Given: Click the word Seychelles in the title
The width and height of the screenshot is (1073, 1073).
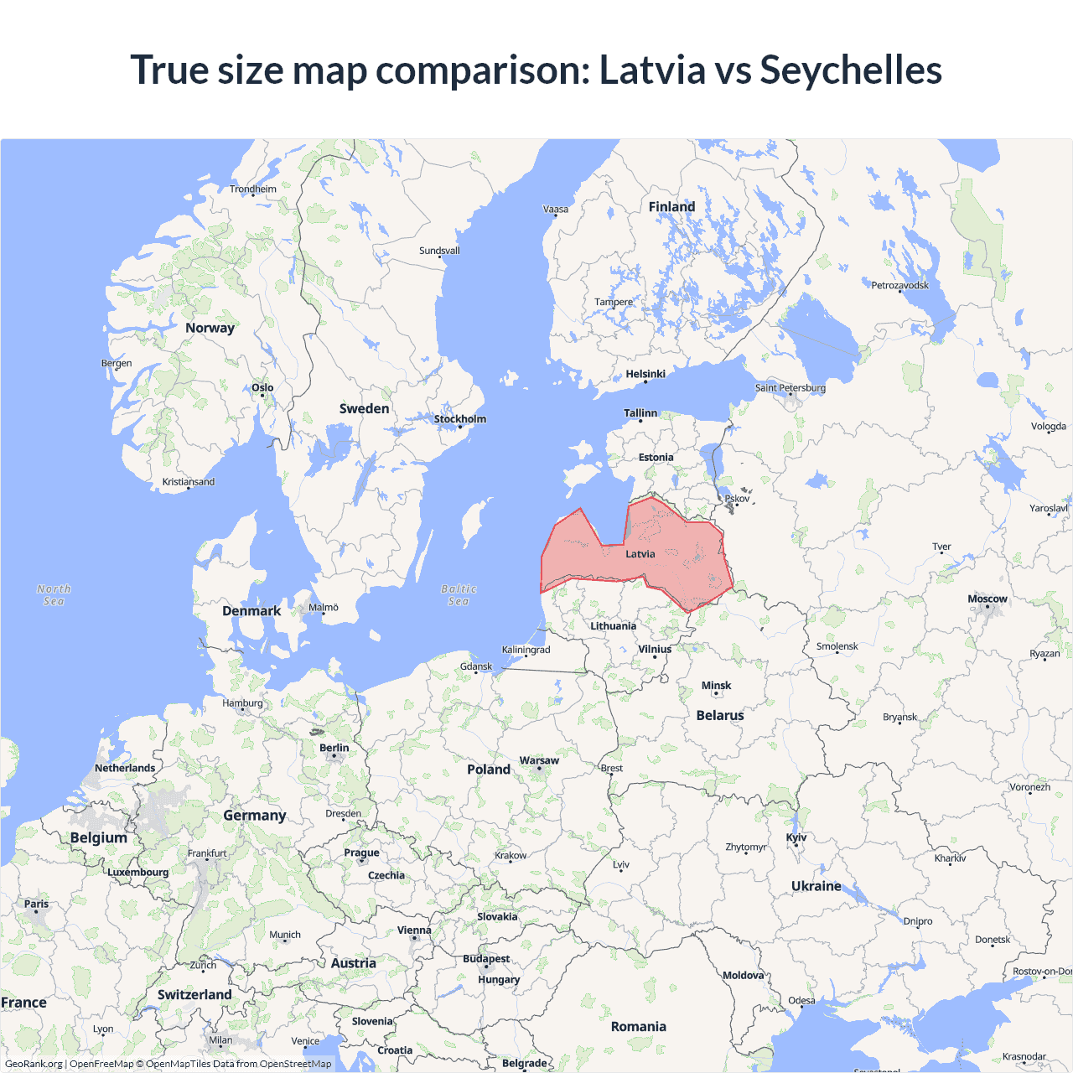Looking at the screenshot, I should point(850,70).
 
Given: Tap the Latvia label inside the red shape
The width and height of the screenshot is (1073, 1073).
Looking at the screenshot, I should point(640,554).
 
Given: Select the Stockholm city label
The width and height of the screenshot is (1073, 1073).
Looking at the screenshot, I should point(460,419).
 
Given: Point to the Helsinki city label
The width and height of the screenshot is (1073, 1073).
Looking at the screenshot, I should point(645,374).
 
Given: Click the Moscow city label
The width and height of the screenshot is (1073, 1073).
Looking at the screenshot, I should point(987,599).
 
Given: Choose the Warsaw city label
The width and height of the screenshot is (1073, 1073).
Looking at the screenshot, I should point(539,760).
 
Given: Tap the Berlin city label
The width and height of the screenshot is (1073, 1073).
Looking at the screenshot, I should point(334,748).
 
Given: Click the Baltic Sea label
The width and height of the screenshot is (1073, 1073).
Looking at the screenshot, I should point(459,595).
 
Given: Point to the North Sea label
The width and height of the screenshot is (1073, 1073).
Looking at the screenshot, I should point(54,595).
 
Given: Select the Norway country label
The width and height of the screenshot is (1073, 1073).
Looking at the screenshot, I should point(210,328).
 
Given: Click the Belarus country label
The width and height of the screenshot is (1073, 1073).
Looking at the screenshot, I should point(720,715).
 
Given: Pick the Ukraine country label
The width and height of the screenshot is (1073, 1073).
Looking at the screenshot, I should point(816,886).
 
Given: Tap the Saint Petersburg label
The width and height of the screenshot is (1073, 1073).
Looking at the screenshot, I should point(790,387).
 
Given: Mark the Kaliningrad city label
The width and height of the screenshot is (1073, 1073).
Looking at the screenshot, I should point(526,650).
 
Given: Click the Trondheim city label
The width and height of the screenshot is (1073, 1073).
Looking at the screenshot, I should point(253,189).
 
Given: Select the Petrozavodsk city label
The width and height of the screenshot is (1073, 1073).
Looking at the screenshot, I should point(899,285).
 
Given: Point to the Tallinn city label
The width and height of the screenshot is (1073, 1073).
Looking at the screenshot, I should point(640,413).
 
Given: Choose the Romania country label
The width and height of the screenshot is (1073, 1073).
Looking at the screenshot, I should point(638,1027).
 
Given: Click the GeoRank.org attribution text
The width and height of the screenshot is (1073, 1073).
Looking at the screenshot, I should point(34,1064).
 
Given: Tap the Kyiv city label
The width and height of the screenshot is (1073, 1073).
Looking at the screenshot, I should point(796,837).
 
